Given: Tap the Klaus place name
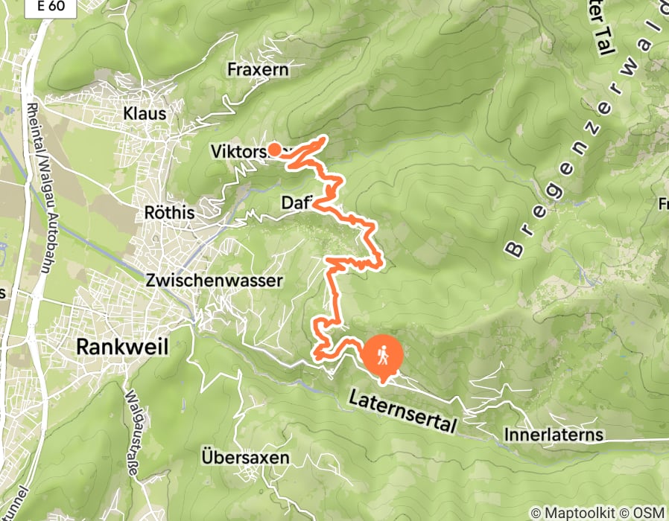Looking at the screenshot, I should pos(145,114).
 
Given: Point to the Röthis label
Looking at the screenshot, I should pos(170,213).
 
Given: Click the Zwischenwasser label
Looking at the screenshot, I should pos(215,281).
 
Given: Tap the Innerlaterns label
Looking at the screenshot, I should pos(553,434).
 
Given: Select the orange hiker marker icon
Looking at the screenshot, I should pos(383,356).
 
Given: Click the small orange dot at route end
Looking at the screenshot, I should pos(273,149).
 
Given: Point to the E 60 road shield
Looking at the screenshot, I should pos(49,6).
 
